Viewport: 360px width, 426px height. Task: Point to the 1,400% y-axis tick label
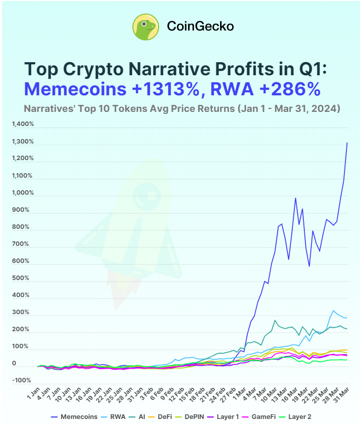(x=24, y=124)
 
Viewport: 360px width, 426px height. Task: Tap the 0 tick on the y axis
(x=14, y=363)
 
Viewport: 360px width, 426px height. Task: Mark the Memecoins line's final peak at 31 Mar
(x=347, y=143)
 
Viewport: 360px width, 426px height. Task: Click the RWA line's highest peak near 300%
(x=333, y=311)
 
